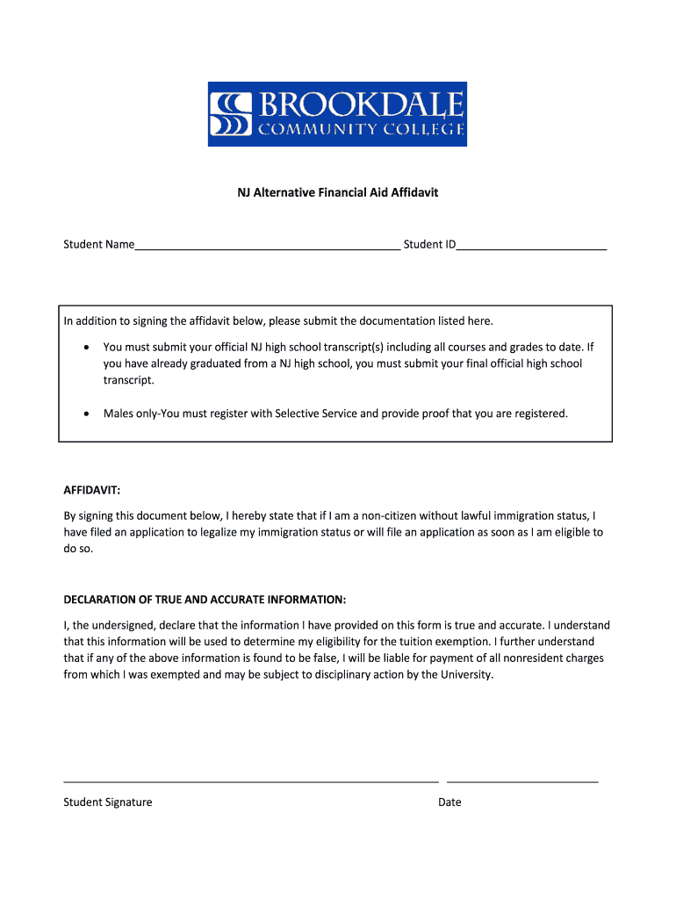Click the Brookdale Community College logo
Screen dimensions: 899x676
tap(337, 114)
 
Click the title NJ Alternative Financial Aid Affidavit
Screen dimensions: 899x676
tap(337, 191)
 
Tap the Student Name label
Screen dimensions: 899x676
tap(98, 245)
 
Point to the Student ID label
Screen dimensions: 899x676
tap(429, 245)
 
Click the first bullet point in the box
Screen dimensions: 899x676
tap(86, 348)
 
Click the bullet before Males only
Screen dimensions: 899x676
tap(86, 414)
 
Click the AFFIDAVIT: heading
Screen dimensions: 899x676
tap(92, 490)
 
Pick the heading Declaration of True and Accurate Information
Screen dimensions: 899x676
tap(205, 600)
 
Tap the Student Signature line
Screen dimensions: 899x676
tap(250, 780)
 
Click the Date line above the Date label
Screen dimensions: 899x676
tap(522, 780)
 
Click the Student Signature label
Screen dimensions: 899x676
tap(108, 802)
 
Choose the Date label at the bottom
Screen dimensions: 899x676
tap(449, 802)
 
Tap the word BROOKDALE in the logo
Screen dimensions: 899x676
tap(360, 104)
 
